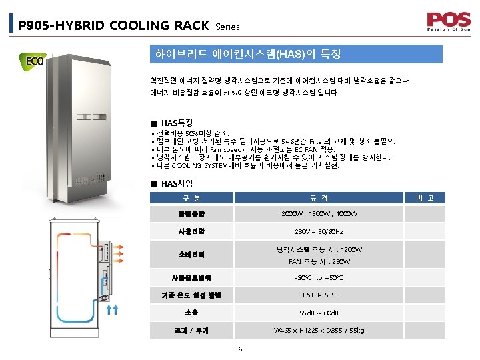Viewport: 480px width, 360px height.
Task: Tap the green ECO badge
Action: coord(34,62)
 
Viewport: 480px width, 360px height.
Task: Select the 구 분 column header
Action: coord(191,198)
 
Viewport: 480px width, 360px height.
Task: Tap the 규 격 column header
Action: coord(319,198)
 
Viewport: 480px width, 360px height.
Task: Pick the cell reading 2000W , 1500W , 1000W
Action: coord(319,214)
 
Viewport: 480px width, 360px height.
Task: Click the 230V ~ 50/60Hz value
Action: coord(319,232)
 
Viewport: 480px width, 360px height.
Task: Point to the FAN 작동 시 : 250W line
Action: coord(319,261)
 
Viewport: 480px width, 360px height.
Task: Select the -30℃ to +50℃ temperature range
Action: coord(319,278)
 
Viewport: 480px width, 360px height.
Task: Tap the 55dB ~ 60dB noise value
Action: coord(319,313)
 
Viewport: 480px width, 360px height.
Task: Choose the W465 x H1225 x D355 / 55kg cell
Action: coord(319,330)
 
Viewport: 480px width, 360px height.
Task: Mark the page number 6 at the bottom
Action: coord(240,348)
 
